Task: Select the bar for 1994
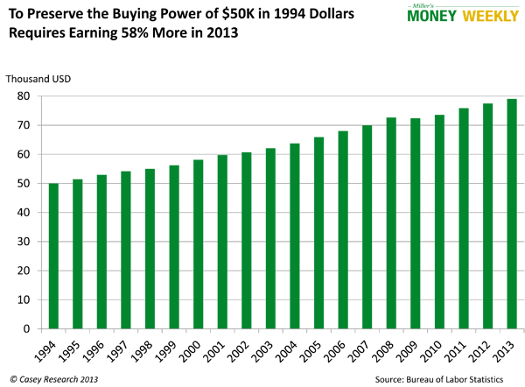(53, 257)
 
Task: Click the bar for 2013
(511, 215)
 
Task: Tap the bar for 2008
(390, 223)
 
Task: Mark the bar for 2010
(438, 222)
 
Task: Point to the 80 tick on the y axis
(31, 96)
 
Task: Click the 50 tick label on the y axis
(31, 184)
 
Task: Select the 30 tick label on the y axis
(31, 242)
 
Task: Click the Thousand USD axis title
(38, 79)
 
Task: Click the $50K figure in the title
(224, 13)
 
